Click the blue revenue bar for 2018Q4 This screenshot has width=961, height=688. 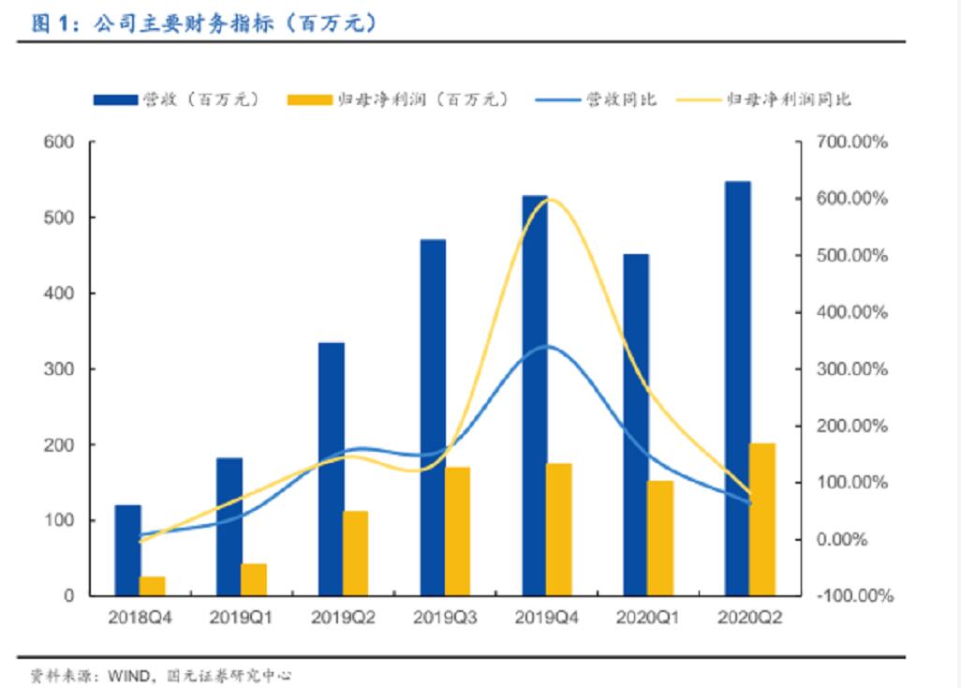[x=127, y=550]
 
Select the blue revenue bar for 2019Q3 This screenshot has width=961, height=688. [x=433, y=417]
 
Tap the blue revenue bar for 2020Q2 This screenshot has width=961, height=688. [x=738, y=388]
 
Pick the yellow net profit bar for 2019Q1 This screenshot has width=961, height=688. [x=253, y=579]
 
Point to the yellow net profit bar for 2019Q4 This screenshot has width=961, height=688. [x=559, y=530]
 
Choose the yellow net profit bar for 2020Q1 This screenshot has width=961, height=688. [x=660, y=538]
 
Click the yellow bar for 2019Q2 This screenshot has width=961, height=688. [x=355, y=553]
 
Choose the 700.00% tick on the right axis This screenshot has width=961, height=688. [x=851, y=142]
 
